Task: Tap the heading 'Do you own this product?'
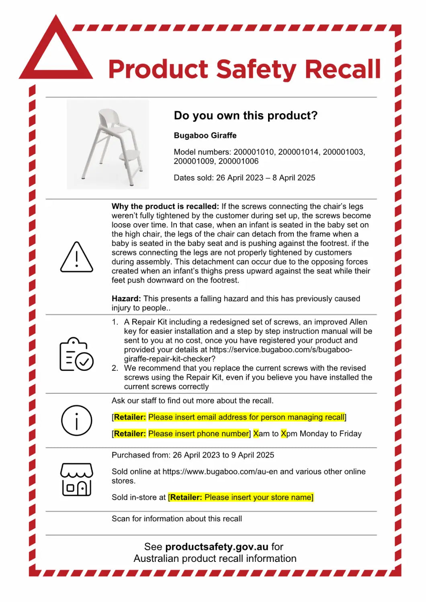point(246,116)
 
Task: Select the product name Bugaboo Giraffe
point(205,136)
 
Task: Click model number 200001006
point(238,161)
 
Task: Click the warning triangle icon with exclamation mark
point(76,258)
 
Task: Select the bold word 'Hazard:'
point(126,299)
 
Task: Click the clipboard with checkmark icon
point(76,354)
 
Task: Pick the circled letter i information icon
point(76,421)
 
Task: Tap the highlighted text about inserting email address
point(246,417)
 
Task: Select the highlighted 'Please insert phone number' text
point(199,434)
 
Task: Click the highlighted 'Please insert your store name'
point(258,498)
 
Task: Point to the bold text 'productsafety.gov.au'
point(217,547)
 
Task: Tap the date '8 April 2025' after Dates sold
point(294,178)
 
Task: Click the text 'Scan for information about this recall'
point(177,519)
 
